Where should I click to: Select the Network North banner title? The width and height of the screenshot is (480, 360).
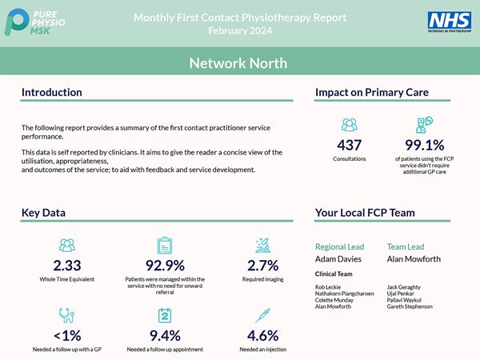pyautogui.click(x=239, y=63)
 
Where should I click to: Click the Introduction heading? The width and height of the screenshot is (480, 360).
pyautogui.click(x=52, y=93)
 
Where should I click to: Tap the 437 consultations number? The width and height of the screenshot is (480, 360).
pyautogui.click(x=349, y=145)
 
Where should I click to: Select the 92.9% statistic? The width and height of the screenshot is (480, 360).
pyautogui.click(x=164, y=266)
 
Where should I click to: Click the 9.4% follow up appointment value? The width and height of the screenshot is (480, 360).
pyautogui.click(x=164, y=335)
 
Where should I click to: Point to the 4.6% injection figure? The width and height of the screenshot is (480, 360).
pyautogui.click(x=263, y=335)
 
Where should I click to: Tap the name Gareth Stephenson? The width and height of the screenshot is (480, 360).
pyautogui.click(x=410, y=306)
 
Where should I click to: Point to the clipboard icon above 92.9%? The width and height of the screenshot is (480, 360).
pyautogui.click(x=164, y=244)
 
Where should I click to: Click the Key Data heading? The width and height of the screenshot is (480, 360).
pyautogui.click(x=44, y=213)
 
